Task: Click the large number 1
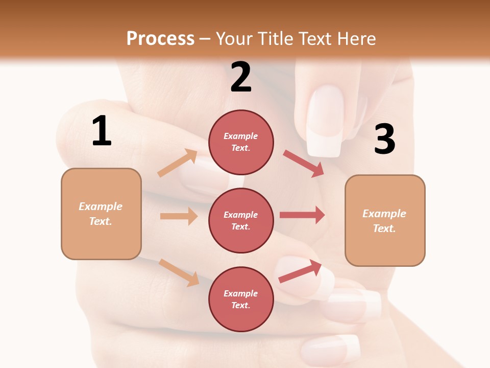point(102,131)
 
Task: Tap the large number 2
point(241,77)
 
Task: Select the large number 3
point(384,139)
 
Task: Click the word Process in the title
point(160,38)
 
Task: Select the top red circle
point(241,142)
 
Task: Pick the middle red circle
point(241,220)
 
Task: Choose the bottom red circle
point(241,299)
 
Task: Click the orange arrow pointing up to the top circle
point(178,163)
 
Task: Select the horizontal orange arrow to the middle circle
point(179,216)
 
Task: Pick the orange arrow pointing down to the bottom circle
point(179,272)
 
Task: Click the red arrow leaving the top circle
point(304,163)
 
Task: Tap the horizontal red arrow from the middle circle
point(302,215)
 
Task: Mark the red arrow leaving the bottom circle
point(300,271)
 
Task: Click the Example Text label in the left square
point(101,214)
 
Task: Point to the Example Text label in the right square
point(384,221)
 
